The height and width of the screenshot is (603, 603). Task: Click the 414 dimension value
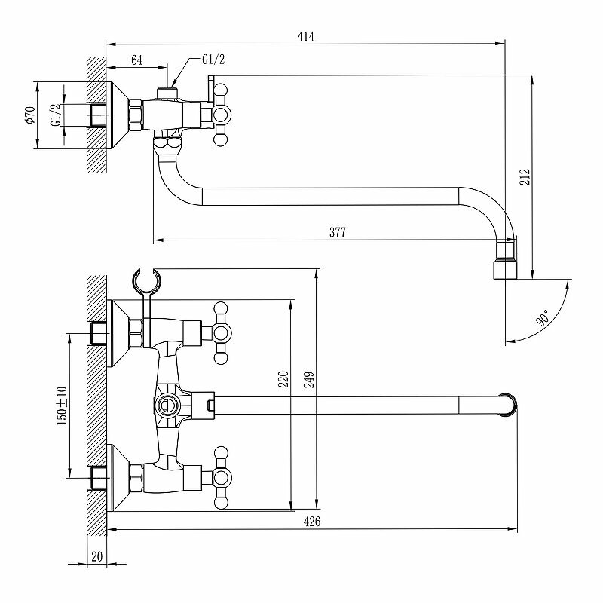306,35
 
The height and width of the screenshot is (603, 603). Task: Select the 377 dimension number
337,233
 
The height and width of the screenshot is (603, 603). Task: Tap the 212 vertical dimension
525,176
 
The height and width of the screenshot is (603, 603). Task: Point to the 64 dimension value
137,60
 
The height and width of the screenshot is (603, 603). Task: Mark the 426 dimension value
313,522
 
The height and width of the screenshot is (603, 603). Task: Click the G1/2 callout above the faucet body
213,60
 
